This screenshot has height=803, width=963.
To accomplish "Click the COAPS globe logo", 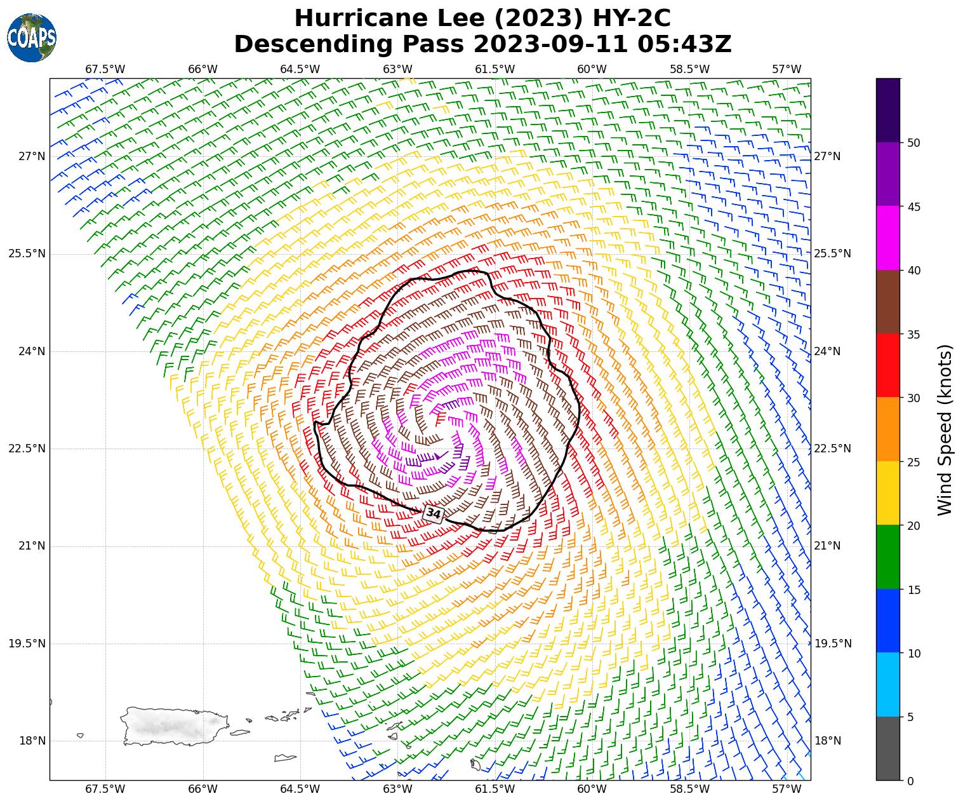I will click(x=32, y=38).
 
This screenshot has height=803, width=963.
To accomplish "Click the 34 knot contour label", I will click(x=434, y=513).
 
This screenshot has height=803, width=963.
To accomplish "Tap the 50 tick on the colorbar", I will click(x=914, y=143).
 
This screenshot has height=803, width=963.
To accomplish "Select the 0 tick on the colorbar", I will click(x=911, y=781).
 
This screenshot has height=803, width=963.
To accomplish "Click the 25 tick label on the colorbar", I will click(x=914, y=462).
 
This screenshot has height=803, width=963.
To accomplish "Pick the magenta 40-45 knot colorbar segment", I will click(x=887, y=238).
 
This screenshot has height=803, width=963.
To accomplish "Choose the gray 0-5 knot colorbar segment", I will click(x=887, y=748).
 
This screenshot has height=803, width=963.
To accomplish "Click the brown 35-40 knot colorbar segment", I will click(x=887, y=302).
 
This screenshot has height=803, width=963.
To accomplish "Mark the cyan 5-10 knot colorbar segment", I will click(x=887, y=685).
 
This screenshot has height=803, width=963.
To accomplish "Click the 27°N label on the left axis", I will click(x=27, y=156).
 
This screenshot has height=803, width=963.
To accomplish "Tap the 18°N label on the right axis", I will click(x=827, y=741).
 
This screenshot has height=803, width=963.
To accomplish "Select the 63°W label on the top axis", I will click(x=397, y=69).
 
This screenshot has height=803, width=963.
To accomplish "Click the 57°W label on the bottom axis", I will click(x=787, y=789).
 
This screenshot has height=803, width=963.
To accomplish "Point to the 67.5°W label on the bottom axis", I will click(x=105, y=789).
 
